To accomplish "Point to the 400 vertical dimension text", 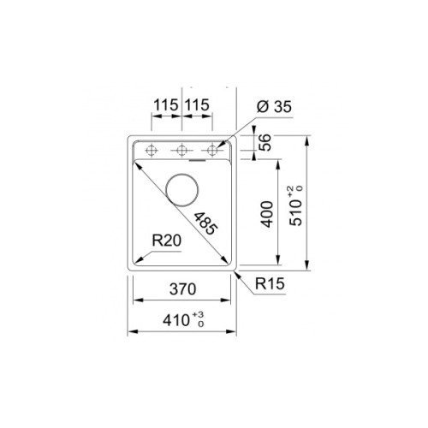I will pyautogui.click(x=266, y=214).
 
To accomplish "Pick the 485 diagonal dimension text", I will pyautogui.click(x=205, y=224).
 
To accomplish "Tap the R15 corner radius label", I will pyautogui.click(x=269, y=283).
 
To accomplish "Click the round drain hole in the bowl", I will pyautogui.click(x=183, y=187).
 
